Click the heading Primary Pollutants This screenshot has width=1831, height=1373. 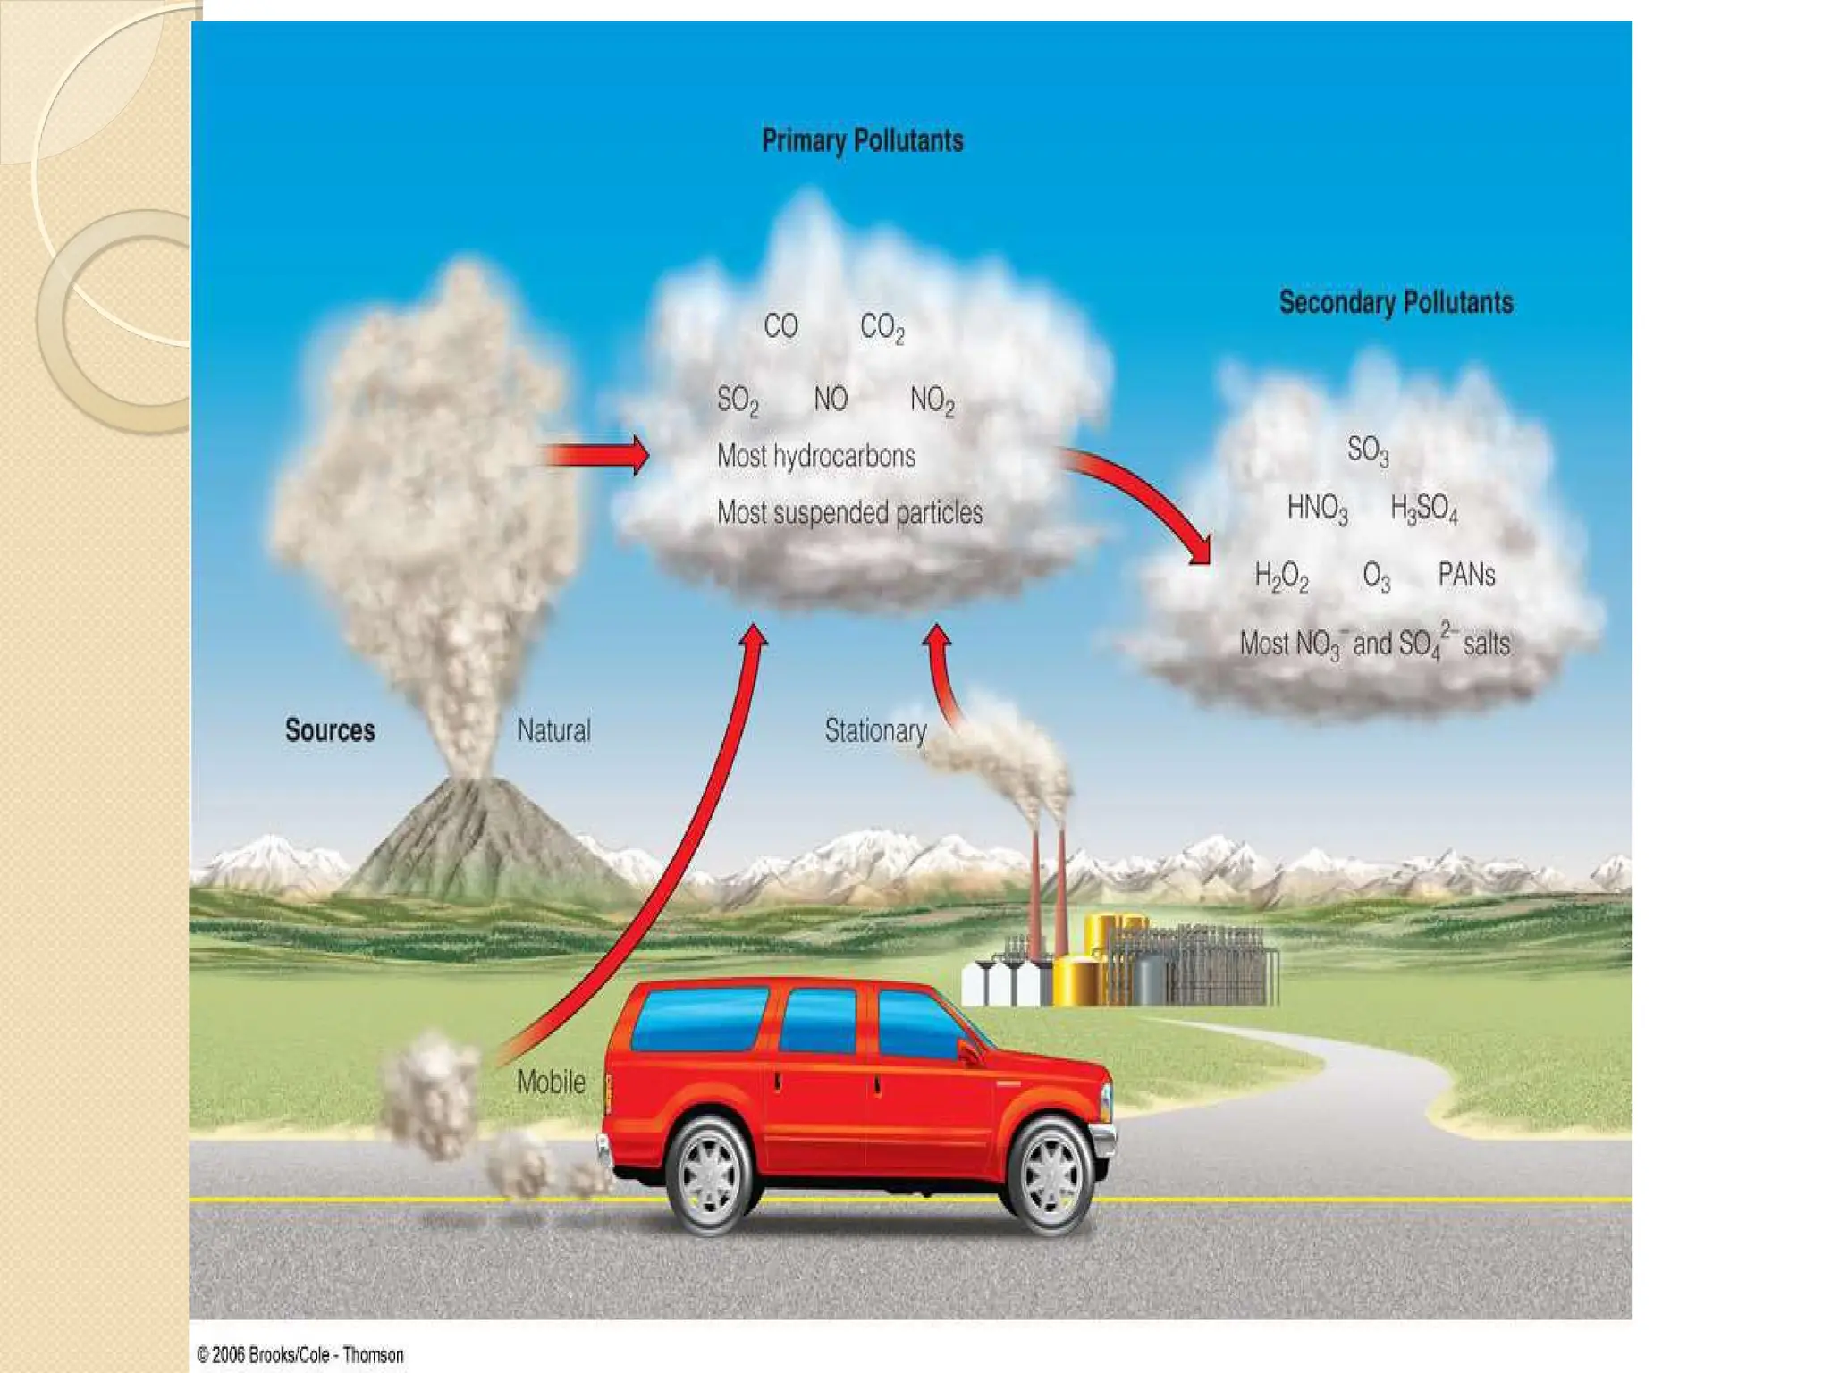pos(862,141)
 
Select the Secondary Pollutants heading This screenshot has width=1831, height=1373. pos(1396,303)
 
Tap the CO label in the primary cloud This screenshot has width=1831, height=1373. pos(780,326)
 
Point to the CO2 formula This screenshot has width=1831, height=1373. pos(882,327)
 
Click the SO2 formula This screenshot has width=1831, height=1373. pos(738,400)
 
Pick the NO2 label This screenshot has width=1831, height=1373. pos(932,400)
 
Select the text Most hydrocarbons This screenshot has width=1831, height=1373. pos(816,456)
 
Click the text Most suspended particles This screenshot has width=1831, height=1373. pos(849,512)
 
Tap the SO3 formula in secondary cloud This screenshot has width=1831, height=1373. pos(1368,450)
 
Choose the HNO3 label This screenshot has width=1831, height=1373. pos(1317,509)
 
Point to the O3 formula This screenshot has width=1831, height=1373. pos(1376,577)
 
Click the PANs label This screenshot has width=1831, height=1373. pos(1466,575)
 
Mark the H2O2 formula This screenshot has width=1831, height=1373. pos(1281,577)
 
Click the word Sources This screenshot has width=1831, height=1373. pos(330,730)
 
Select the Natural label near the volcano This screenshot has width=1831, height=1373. pos(553,730)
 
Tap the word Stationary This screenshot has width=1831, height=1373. pos(875,730)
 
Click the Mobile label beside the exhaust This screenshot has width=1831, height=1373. pos(551,1082)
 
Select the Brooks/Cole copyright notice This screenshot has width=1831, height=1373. pos(300,1355)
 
